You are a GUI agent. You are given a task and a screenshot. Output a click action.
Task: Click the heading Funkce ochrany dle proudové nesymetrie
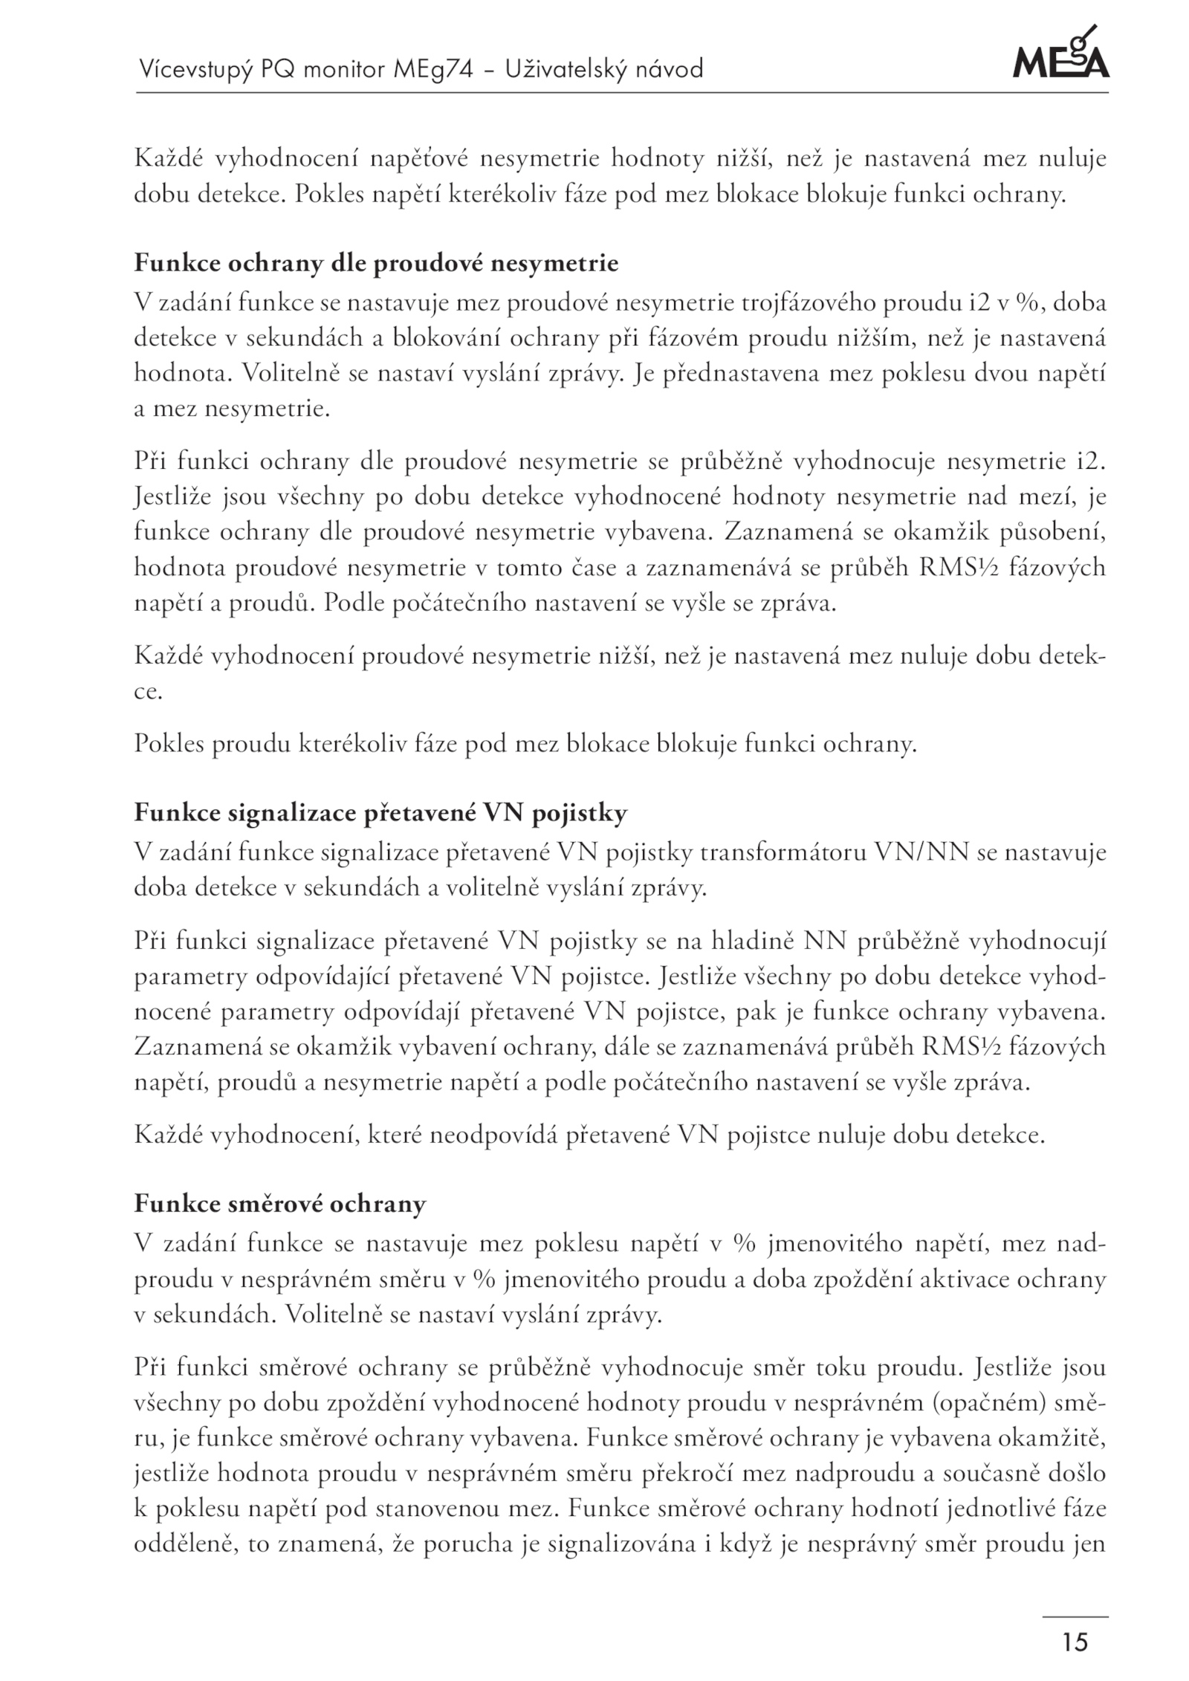coord(376,263)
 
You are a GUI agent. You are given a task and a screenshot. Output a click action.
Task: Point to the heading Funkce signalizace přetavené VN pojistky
coord(380,813)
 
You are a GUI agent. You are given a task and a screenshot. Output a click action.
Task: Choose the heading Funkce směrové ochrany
coord(279,1203)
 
